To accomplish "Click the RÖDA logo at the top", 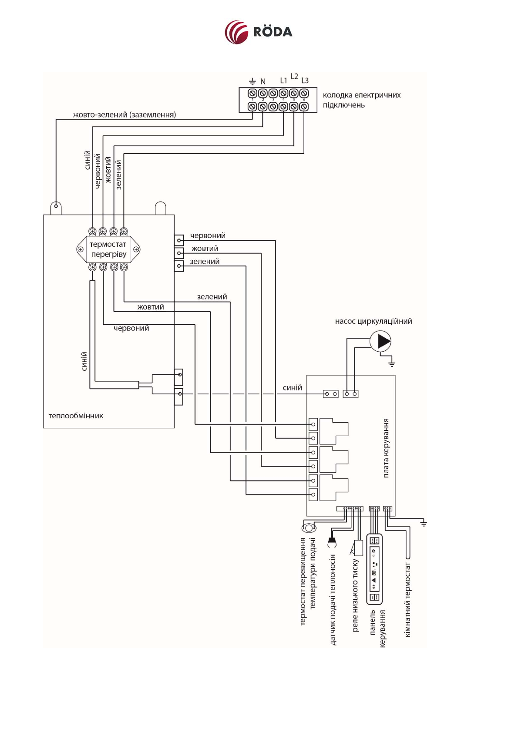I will click(x=258, y=32).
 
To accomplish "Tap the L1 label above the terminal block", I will click(x=283, y=81).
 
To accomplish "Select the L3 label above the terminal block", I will click(x=305, y=81).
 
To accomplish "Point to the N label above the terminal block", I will click(x=263, y=81).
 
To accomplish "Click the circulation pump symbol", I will click(x=380, y=341).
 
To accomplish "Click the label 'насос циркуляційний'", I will click(x=373, y=322).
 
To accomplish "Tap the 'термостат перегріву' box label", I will click(x=108, y=249).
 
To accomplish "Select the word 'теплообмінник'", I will click(x=76, y=416).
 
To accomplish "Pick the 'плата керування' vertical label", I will click(x=386, y=448).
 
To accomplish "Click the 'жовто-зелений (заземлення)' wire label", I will click(x=124, y=115).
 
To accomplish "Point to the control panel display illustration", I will click(x=374, y=569).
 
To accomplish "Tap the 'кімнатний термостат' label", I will click(x=408, y=600).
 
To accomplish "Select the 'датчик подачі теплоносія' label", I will click(x=333, y=599).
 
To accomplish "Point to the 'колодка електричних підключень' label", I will click(x=361, y=100).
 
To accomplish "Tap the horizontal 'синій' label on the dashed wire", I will click(x=292, y=388).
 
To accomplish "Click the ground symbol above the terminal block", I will click(x=252, y=81).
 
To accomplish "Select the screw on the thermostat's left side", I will click(x=81, y=249).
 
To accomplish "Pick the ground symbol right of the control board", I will click(x=423, y=523).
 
